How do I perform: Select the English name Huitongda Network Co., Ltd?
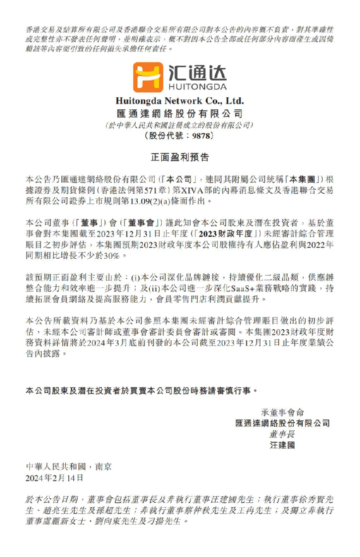180,101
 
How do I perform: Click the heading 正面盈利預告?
180,157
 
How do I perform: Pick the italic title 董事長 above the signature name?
282,434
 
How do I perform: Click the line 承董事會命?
282,413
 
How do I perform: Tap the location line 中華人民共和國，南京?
69,467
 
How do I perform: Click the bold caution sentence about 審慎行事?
141,391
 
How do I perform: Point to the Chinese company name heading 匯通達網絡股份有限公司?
180,113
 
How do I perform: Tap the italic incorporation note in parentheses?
180,125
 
